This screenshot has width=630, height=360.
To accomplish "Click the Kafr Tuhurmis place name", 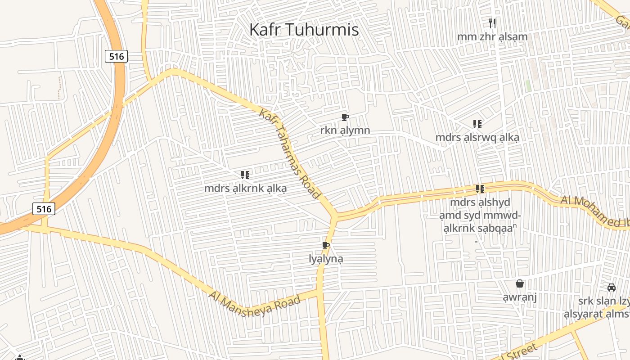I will click(x=304, y=30).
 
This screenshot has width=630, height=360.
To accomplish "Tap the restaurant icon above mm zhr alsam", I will click(x=492, y=22).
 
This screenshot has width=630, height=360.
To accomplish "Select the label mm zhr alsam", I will click(x=492, y=36).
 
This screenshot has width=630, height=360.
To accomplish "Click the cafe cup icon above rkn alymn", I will click(x=345, y=117).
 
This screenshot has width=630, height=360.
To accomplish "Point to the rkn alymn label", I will click(x=345, y=130).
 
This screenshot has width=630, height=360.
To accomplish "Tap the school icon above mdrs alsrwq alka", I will click(x=477, y=124).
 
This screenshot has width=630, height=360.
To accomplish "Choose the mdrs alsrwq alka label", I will click(x=477, y=138).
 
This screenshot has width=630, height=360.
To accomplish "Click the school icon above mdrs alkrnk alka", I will click(x=245, y=175).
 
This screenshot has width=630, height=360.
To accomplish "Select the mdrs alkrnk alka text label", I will click(x=245, y=188).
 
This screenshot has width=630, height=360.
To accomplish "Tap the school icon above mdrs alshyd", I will click(x=480, y=189).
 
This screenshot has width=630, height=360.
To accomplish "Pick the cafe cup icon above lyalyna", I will click(x=326, y=246).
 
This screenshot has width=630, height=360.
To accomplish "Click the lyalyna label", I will click(x=326, y=259).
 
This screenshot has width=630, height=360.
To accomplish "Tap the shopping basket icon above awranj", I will click(x=520, y=284).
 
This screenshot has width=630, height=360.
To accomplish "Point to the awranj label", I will click(x=520, y=297).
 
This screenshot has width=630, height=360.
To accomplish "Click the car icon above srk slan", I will click(x=612, y=288).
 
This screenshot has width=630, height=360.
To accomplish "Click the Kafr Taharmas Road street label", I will click(x=290, y=153).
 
